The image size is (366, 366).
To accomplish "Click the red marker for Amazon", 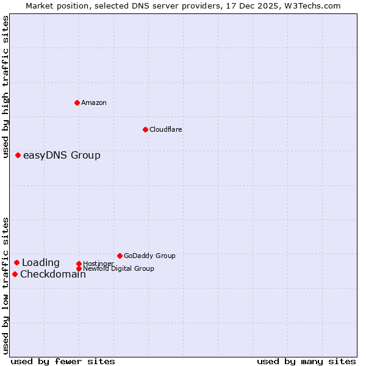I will [77, 102].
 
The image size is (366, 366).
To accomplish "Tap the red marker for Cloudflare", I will [145, 129].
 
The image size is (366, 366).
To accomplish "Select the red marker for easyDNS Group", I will [18, 156].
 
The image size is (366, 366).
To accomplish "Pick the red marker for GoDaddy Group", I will [120, 256].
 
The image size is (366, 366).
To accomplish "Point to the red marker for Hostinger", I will [79, 264].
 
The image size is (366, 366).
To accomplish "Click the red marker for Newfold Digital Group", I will [79, 268].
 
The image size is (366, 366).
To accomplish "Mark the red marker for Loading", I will [16, 263].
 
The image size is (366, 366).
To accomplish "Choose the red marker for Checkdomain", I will [15, 274].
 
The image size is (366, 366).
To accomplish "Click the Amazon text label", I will [94, 102].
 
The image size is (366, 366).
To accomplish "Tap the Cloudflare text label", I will [166, 129].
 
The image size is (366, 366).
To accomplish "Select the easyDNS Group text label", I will [62, 156].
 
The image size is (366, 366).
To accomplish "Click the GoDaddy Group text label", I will [149, 256].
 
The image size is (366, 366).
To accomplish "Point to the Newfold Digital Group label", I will [119, 268].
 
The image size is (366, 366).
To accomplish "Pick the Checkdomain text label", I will [53, 274].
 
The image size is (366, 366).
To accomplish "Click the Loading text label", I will [41, 263].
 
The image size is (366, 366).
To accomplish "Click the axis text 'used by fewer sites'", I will [63, 361].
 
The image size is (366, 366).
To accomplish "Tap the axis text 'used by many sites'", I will [306, 361].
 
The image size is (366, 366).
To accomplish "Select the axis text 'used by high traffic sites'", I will [6, 87].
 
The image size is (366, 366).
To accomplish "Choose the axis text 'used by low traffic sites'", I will [6, 285].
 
